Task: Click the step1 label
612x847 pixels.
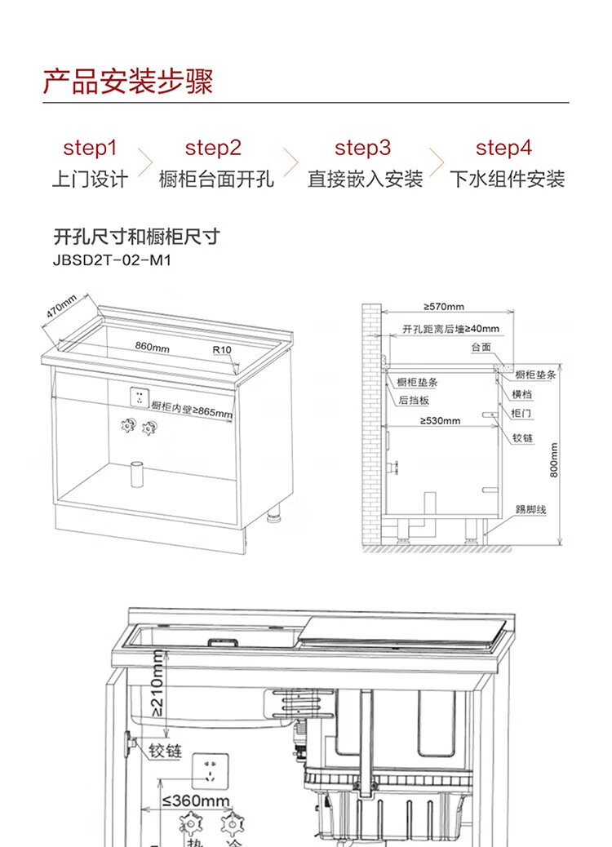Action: (x=90, y=148)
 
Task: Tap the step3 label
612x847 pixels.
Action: (x=362, y=148)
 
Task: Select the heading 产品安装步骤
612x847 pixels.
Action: (x=128, y=82)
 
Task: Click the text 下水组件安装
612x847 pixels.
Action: (x=508, y=179)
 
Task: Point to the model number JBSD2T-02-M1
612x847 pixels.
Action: (x=112, y=260)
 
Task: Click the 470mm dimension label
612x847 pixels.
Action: (x=61, y=306)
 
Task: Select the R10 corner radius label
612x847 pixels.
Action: (x=222, y=349)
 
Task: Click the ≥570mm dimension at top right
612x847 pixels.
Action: (x=443, y=306)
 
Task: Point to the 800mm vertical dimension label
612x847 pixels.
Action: (x=554, y=460)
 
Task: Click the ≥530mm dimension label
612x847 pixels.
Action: (x=440, y=420)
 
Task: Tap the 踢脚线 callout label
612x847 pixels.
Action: (x=530, y=509)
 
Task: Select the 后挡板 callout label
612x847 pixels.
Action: (x=414, y=401)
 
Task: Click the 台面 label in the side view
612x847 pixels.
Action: (x=481, y=347)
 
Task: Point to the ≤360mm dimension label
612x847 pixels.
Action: (x=196, y=800)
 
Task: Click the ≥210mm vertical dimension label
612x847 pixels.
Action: (x=157, y=683)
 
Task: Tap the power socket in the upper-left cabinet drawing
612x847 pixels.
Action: (x=140, y=398)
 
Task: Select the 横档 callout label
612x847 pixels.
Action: (x=521, y=394)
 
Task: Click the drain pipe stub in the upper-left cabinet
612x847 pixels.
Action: (x=137, y=474)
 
